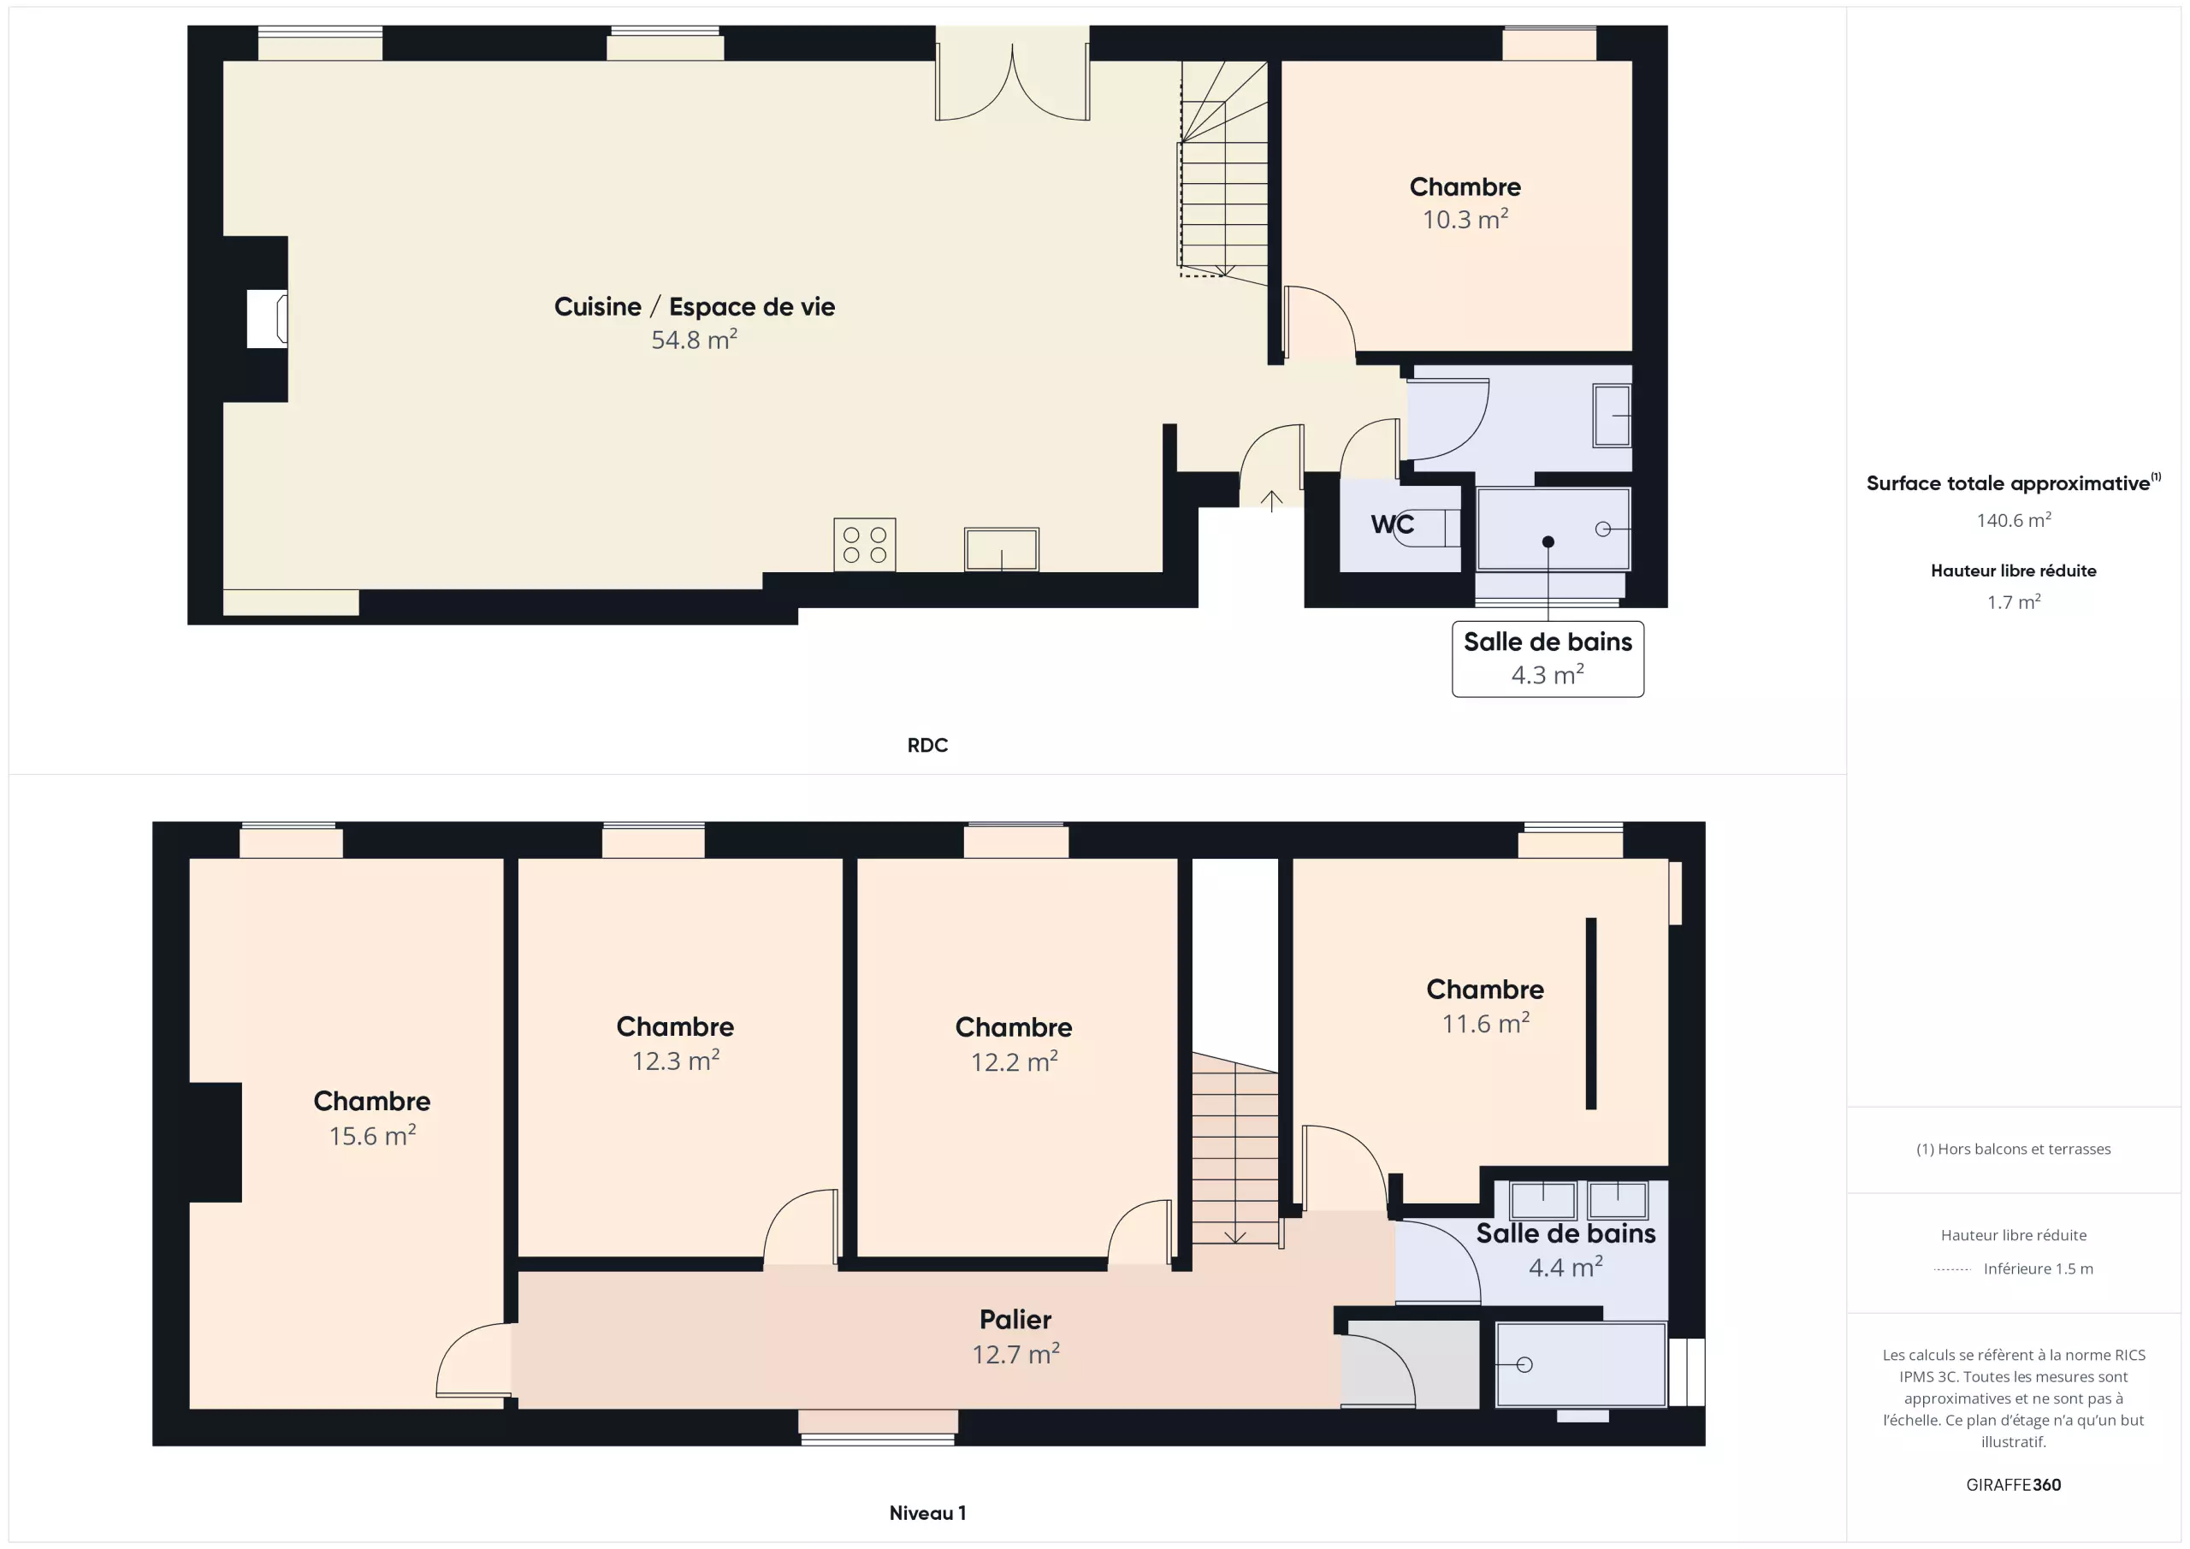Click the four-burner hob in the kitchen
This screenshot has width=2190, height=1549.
pos(864,545)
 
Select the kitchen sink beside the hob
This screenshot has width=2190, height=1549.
pos(1002,549)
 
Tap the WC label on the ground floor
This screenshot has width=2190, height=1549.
pos(1393,523)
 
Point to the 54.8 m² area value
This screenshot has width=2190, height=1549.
pos(695,340)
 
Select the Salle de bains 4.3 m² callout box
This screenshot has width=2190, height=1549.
pos(1548,659)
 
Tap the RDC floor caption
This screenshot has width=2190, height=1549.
pos(927,745)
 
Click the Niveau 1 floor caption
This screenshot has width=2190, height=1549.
pos(927,1513)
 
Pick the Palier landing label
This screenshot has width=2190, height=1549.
pos(1015,1319)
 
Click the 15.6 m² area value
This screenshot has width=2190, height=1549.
pos(373,1135)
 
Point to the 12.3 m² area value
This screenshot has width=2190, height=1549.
pos(675,1061)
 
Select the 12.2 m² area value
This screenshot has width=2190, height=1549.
pos(1014,1061)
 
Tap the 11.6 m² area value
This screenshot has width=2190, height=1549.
pos(1485,1024)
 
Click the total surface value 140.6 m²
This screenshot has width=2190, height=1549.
pos(2014,520)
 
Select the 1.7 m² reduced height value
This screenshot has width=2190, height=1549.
pos(2014,602)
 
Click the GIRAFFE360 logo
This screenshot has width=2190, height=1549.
pos(2014,1485)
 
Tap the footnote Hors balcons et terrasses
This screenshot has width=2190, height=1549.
pos(2014,1150)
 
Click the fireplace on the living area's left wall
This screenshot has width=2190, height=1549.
pos(267,318)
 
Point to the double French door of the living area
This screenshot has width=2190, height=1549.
pos(1012,74)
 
